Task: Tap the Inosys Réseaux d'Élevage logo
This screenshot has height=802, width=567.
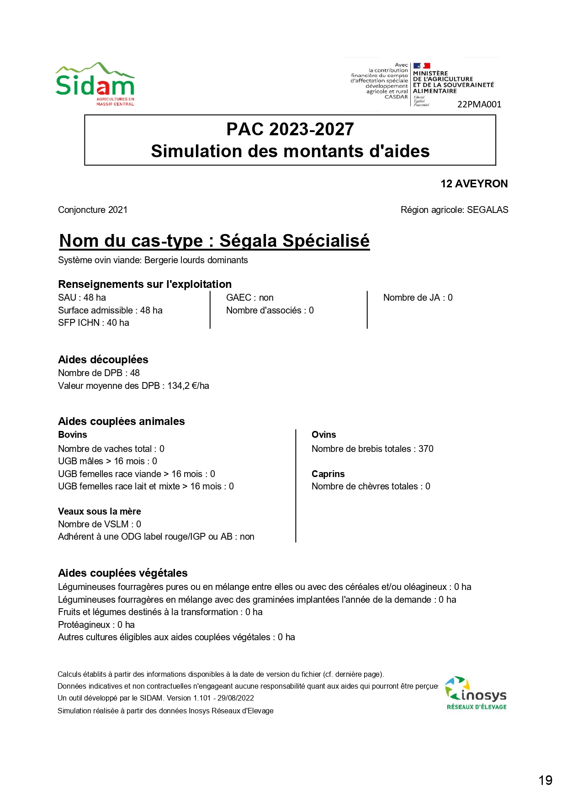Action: (x=476, y=694)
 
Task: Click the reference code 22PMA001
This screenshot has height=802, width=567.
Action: (x=479, y=105)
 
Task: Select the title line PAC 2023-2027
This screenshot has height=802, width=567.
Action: (x=290, y=129)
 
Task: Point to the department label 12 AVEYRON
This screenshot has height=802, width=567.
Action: (x=474, y=184)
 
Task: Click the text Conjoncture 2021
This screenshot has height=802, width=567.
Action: (x=93, y=210)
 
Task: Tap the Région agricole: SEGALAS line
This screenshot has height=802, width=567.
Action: (x=454, y=210)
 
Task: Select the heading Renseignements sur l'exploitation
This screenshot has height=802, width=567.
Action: (x=145, y=284)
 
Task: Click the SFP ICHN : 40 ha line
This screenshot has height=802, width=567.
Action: (x=94, y=323)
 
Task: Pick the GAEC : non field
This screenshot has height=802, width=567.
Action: (x=250, y=297)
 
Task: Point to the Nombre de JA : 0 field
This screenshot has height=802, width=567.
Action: (x=418, y=297)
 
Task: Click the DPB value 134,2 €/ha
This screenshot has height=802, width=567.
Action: (x=188, y=386)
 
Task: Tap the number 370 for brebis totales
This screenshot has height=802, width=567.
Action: (x=426, y=449)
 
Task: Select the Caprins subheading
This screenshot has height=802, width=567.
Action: (x=328, y=474)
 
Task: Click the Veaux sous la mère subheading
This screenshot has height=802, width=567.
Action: (x=100, y=511)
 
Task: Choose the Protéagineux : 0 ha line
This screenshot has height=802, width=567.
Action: (x=96, y=625)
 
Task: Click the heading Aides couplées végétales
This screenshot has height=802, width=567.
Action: (x=123, y=573)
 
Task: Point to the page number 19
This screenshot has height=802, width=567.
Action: (x=546, y=781)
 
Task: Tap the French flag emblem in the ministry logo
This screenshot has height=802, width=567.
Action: (x=422, y=66)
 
